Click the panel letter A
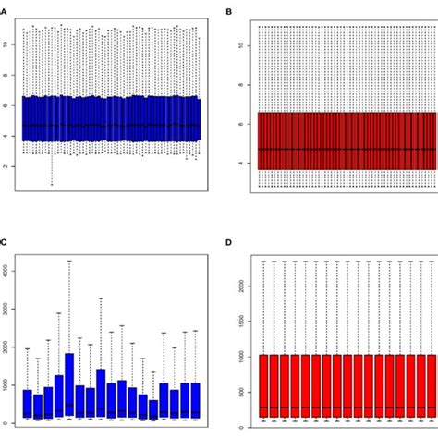click(x=5, y=13)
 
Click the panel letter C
click(x=5, y=242)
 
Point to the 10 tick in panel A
click(x=8, y=43)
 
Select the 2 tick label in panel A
click(x=8, y=166)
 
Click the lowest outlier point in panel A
click(x=52, y=184)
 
